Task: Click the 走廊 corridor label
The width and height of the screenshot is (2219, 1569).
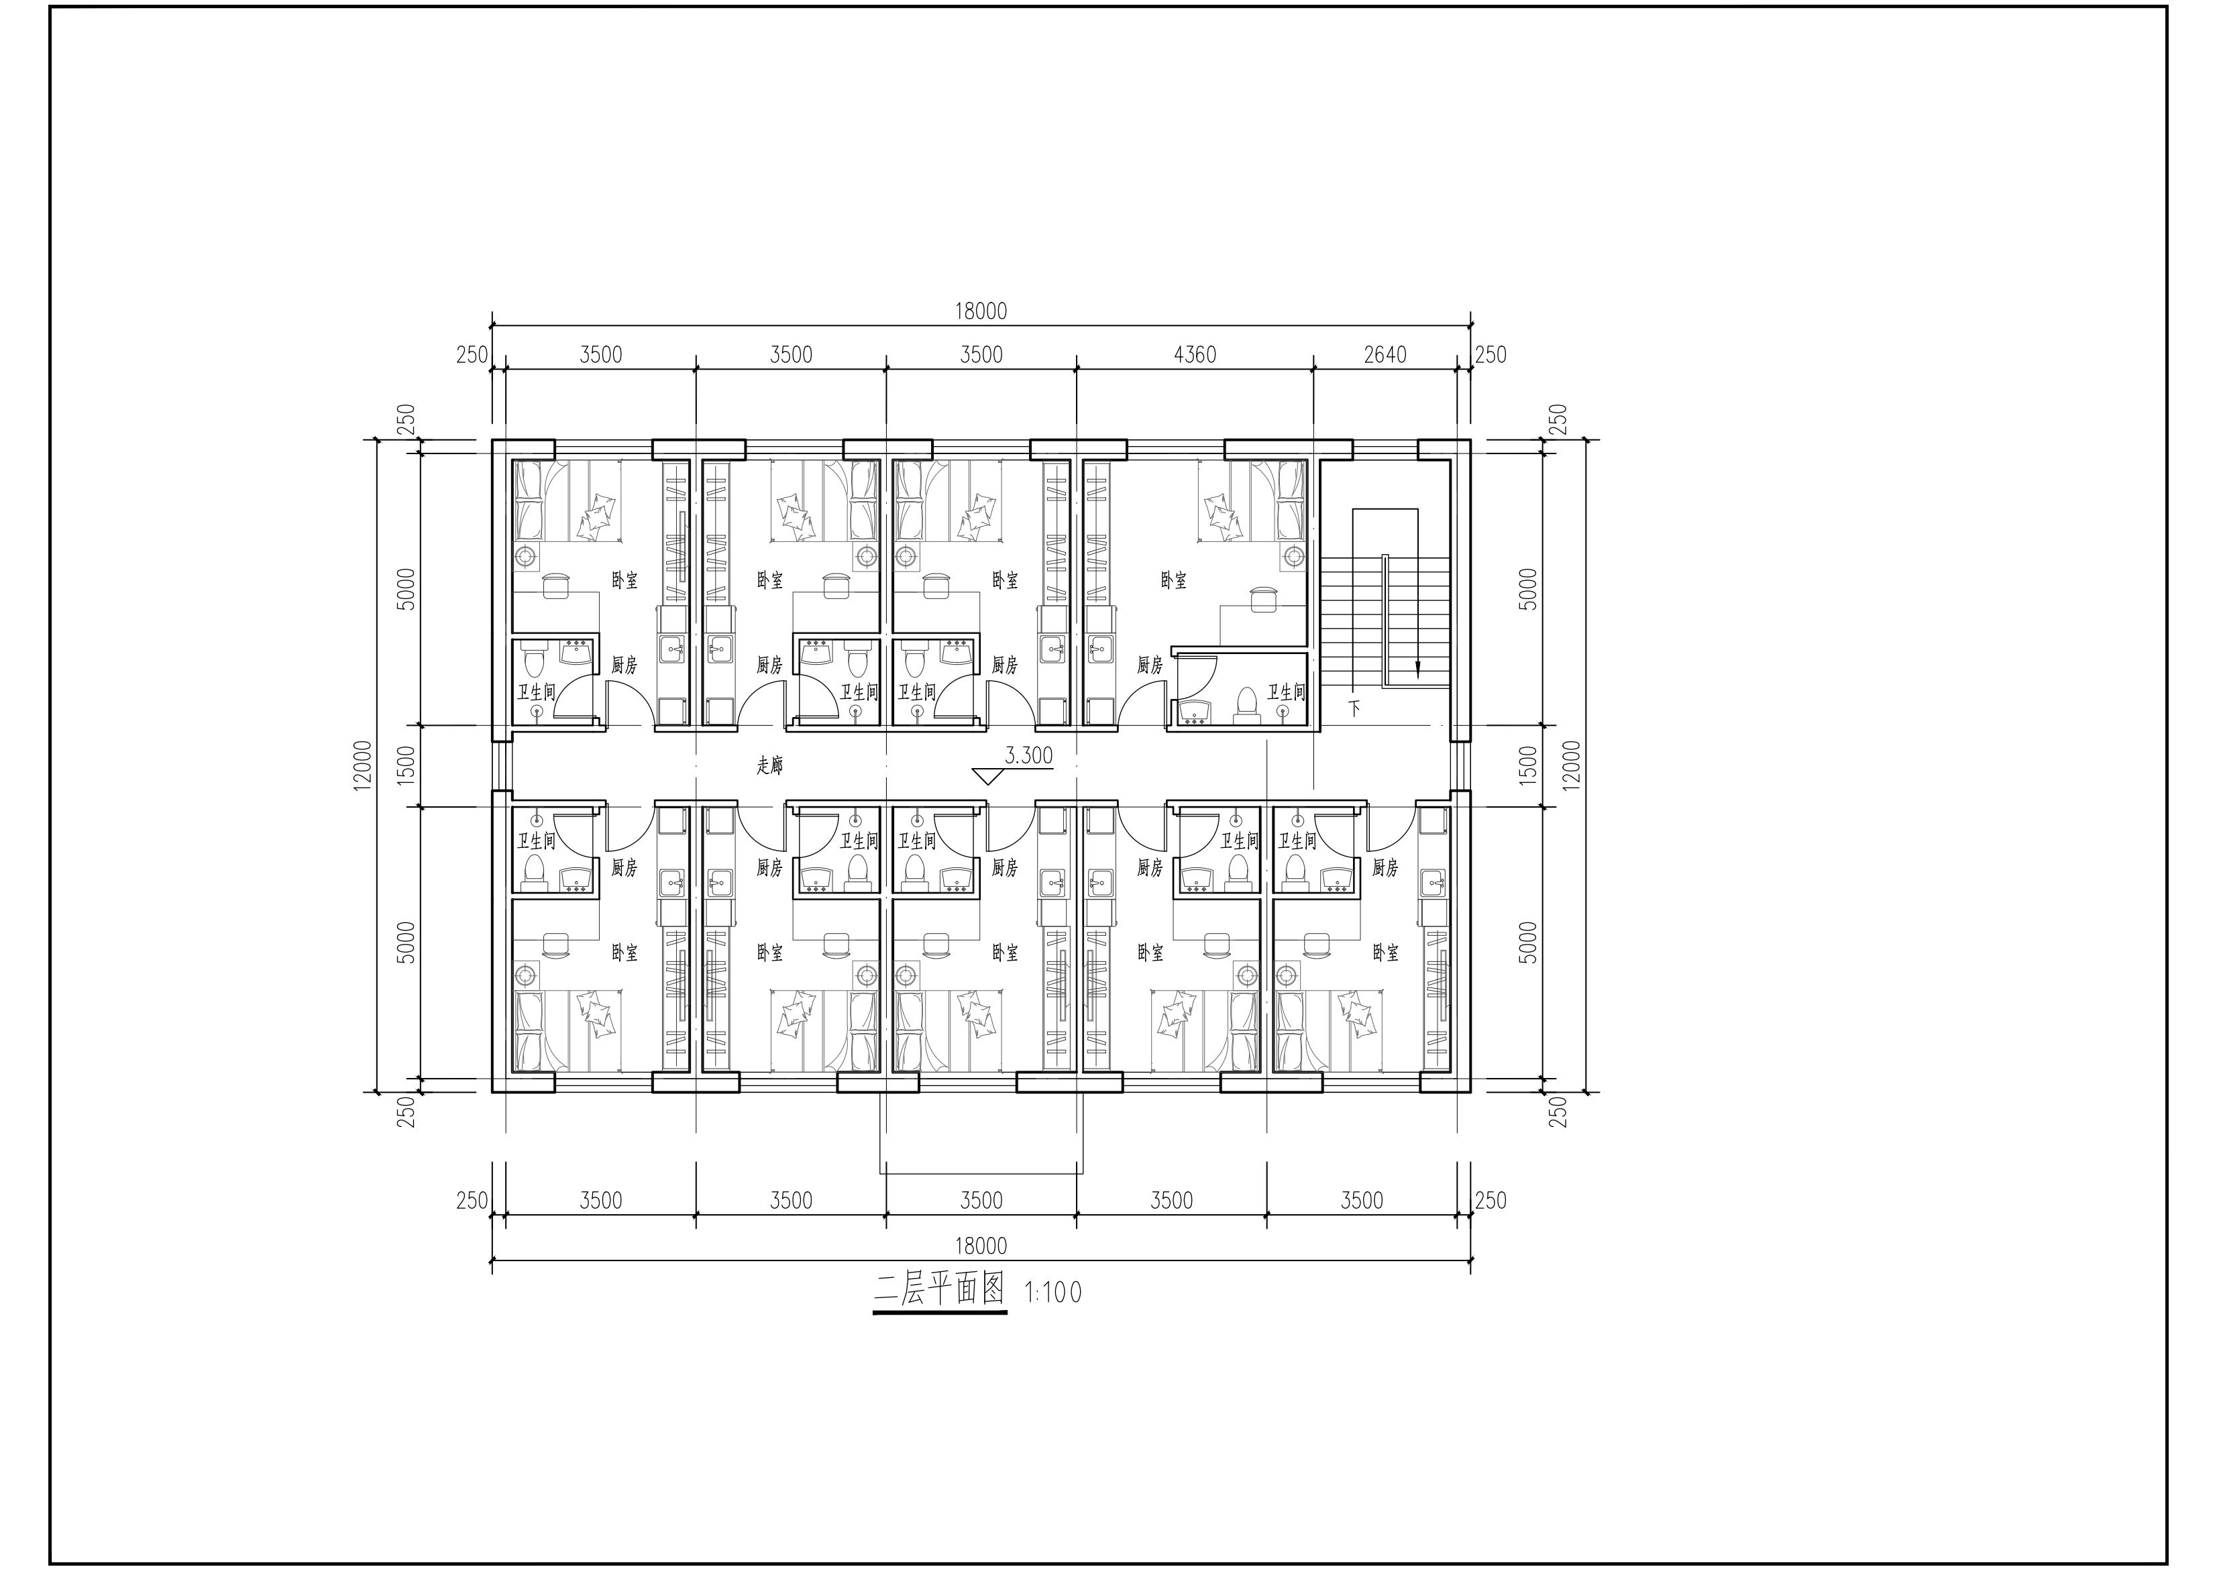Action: pos(769,765)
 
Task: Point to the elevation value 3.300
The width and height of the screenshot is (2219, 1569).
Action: pos(1028,756)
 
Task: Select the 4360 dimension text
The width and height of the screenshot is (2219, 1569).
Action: pos(1195,355)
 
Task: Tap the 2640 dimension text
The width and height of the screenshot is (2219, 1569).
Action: pos(1385,355)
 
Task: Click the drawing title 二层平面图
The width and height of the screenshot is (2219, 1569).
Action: pos(939,1290)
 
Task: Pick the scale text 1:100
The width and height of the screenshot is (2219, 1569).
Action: pos(1053,1293)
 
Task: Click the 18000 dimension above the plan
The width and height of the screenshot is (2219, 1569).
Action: pos(981,311)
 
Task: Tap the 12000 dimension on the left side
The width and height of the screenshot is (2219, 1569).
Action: pos(362,765)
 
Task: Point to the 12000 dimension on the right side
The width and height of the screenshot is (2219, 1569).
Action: pos(1572,765)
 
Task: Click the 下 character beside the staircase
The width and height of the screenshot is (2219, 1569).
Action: pos(1355,708)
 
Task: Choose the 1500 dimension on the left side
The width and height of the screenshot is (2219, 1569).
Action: pos(407,765)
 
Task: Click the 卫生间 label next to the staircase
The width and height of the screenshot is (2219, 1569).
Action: pos(1287,692)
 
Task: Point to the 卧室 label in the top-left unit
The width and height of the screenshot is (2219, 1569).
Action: pos(625,581)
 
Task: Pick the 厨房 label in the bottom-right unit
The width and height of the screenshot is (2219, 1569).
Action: pos(1385,868)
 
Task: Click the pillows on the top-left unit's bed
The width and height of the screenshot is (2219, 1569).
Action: pos(596,517)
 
